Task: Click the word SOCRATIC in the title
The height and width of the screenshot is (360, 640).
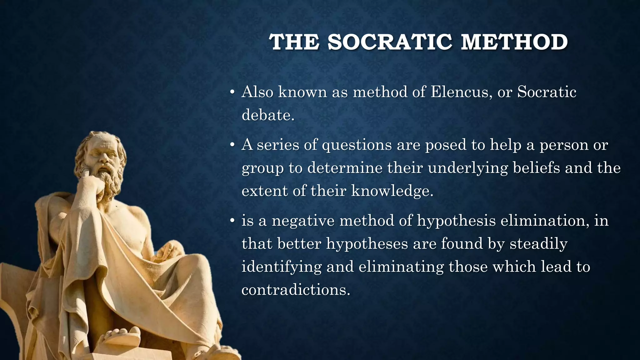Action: pos(389,42)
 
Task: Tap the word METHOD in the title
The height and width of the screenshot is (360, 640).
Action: pos(514,42)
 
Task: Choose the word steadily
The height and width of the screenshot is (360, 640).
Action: pos(538,244)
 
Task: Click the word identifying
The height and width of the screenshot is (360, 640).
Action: pos(282,267)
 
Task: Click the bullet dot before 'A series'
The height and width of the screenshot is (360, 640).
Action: pos(232,145)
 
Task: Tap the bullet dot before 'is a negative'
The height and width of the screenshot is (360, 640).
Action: pos(232,221)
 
